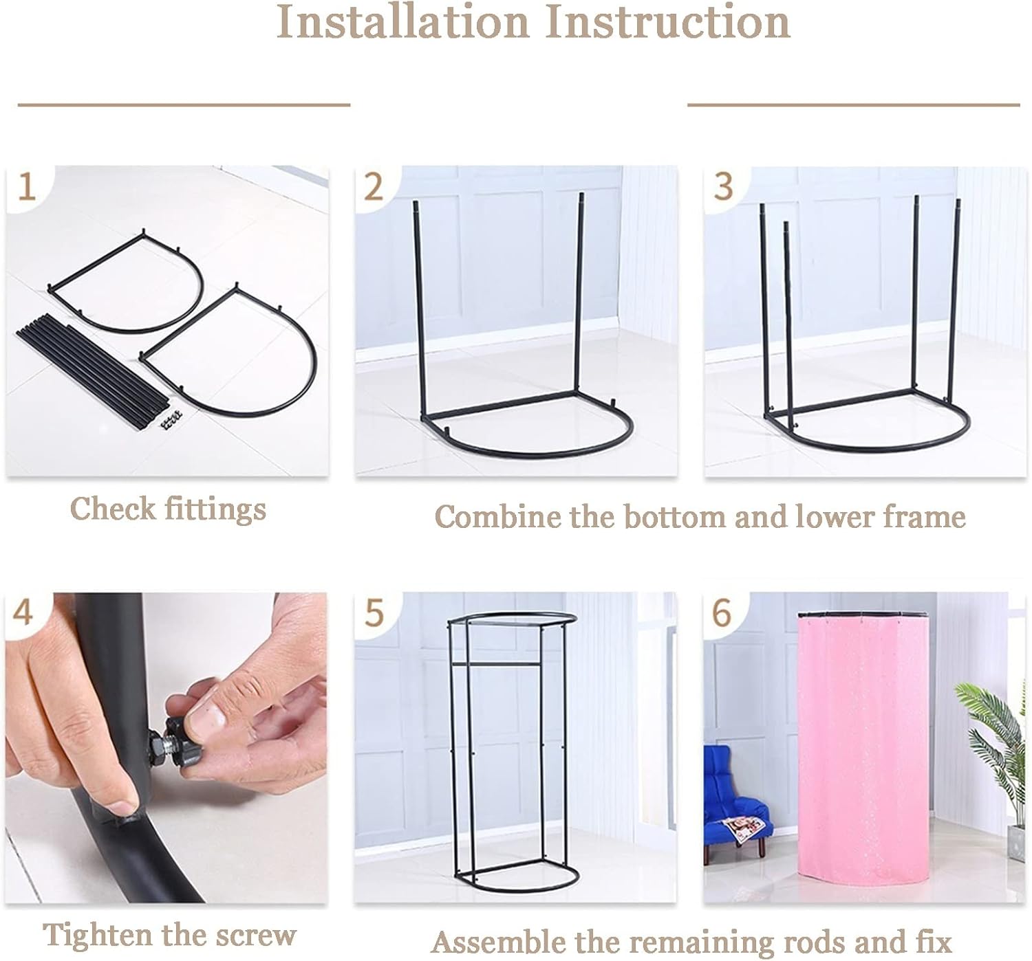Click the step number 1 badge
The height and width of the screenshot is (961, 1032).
(x=27, y=188)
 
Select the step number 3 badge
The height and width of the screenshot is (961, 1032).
(x=723, y=187)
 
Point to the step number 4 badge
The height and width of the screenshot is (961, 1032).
(x=23, y=613)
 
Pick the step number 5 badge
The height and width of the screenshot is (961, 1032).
(x=374, y=613)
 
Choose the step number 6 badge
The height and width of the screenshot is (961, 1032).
(x=722, y=613)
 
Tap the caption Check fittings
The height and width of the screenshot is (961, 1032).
(x=168, y=509)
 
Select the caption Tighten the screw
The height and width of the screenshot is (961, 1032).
(x=169, y=936)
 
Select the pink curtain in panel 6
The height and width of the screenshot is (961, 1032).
(x=863, y=758)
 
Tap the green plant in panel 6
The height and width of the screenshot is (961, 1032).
(x=995, y=753)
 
